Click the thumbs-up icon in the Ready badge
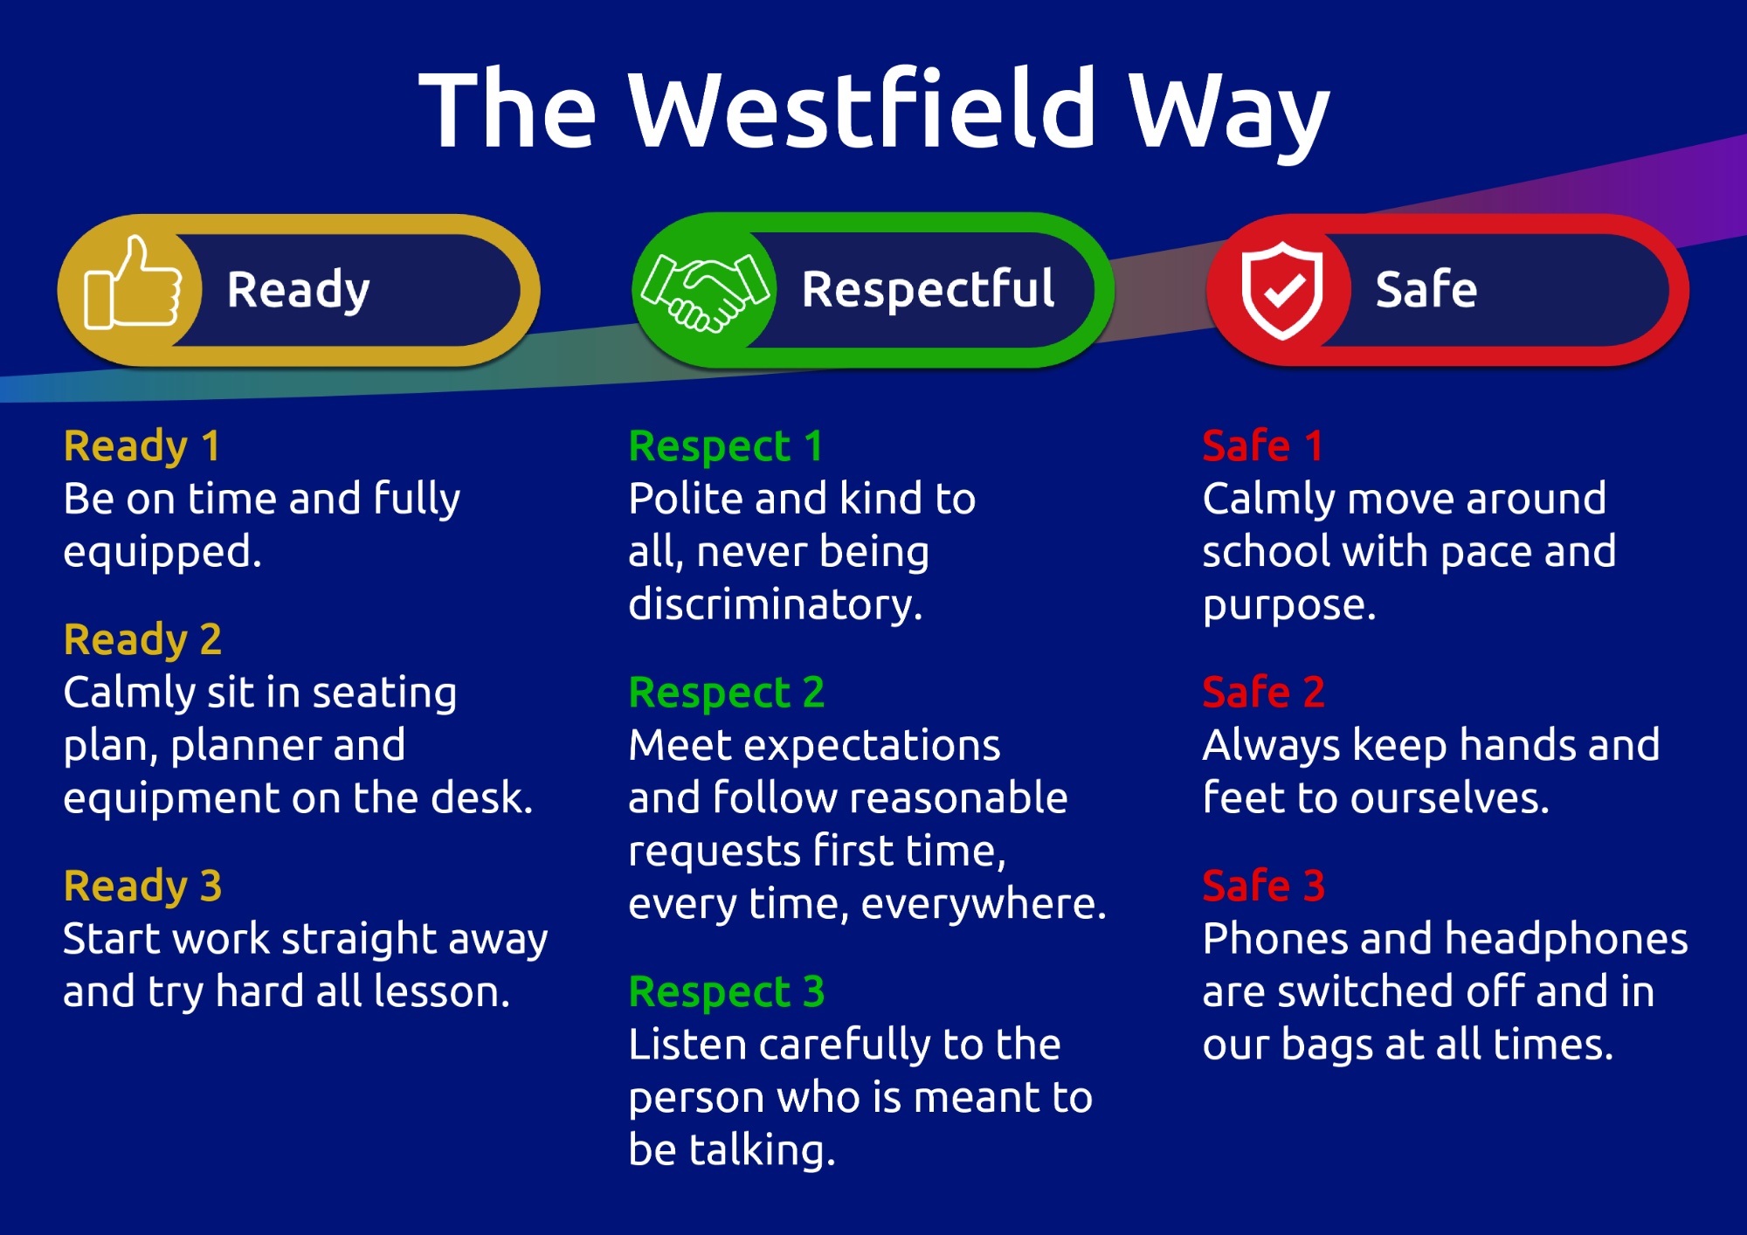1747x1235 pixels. (131, 285)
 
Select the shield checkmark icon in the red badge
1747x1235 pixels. (1281, 289)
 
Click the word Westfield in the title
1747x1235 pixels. (861, 110)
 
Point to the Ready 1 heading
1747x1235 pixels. (142, 446)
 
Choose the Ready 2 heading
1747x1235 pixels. (142, 640)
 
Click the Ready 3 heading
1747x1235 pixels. (142, 887)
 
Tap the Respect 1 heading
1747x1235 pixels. (725, 446)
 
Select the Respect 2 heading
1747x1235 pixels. (726, 693)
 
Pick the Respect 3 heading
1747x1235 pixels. (726, 992)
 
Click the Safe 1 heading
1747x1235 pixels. (1262, 446)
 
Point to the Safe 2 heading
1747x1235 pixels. (1263, 693)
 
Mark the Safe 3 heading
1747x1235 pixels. (1263, 887)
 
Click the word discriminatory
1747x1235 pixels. (774, 605)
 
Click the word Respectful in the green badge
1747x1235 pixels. (928, 289)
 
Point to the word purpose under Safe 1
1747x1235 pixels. (1288, 605)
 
